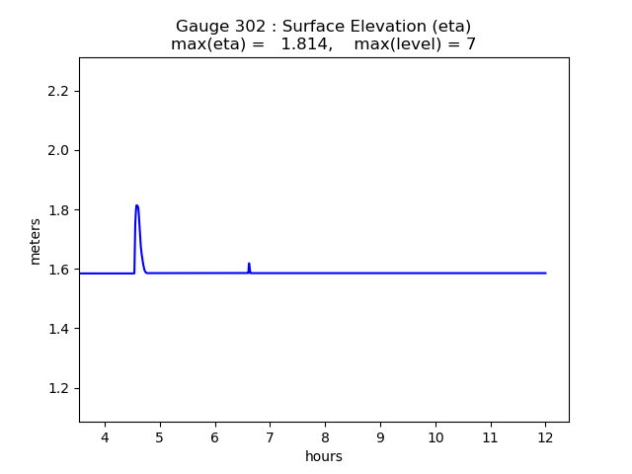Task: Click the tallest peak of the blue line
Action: [x=136, y=205]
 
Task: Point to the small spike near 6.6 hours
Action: [x=249, y=264]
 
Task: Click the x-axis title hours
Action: [x=324, y=456]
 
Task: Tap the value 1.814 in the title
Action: [x=305, y=44]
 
